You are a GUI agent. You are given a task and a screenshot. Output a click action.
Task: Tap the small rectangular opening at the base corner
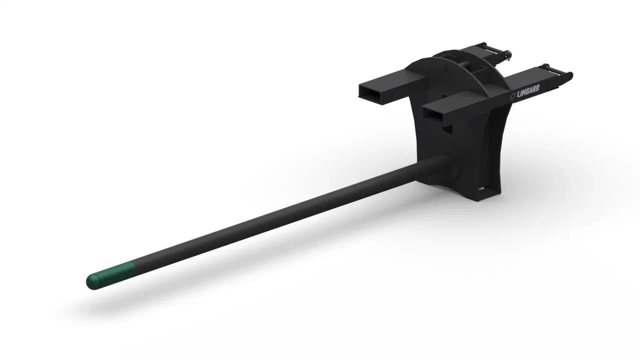pos(483,189)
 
